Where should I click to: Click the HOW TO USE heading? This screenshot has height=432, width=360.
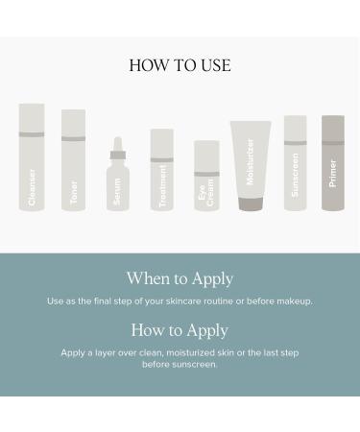coord(180,65)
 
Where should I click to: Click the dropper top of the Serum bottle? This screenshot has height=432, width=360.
coord(117,148)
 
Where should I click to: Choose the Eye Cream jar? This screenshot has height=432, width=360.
coord(206,175)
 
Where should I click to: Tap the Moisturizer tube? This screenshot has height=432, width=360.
coord(250,158)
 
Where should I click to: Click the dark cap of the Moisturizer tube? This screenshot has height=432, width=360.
coord(250,204)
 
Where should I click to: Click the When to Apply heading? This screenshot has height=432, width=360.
coord(180,278)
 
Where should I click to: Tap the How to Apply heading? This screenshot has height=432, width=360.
coord(180,330)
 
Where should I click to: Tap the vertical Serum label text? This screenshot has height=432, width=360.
coord(117,192)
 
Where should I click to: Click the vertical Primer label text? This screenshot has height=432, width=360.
coord(333,173)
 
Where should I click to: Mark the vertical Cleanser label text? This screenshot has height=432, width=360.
coord(32,187)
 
